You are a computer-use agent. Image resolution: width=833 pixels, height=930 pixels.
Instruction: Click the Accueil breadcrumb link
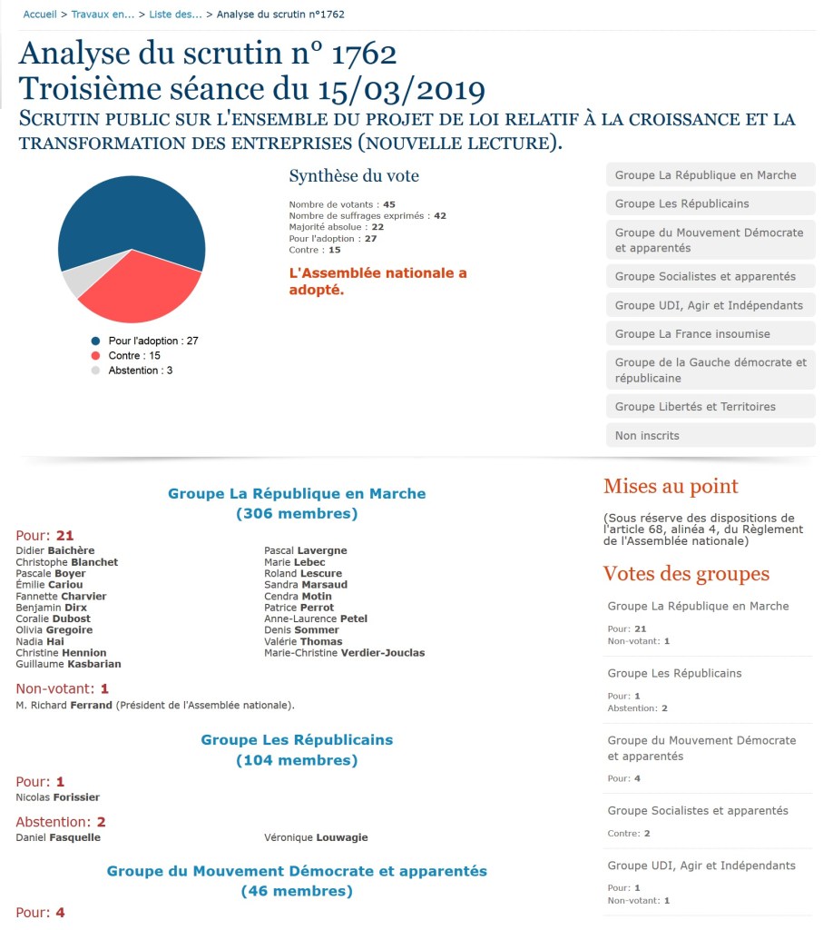point(39,15)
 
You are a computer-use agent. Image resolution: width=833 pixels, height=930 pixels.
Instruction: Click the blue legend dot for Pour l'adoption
point(95,341)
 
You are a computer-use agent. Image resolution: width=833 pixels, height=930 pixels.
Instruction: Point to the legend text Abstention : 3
point(141,371)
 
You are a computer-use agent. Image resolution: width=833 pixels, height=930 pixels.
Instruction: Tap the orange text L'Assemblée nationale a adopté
point(377,282)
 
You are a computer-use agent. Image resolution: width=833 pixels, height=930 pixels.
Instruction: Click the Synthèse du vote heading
point(354,176)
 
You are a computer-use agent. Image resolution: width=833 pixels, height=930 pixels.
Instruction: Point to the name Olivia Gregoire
point(54,630)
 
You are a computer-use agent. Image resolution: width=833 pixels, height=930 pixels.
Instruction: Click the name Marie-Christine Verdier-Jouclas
point(344,653)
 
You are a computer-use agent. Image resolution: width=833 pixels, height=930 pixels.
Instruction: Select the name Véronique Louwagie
point(316,837)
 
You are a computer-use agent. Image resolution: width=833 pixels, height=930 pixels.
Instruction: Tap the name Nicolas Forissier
point(58,797)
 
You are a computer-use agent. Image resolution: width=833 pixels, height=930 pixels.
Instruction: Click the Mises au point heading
point(671,487)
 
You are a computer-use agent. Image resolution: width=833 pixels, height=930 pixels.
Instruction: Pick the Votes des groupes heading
point(686,574)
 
